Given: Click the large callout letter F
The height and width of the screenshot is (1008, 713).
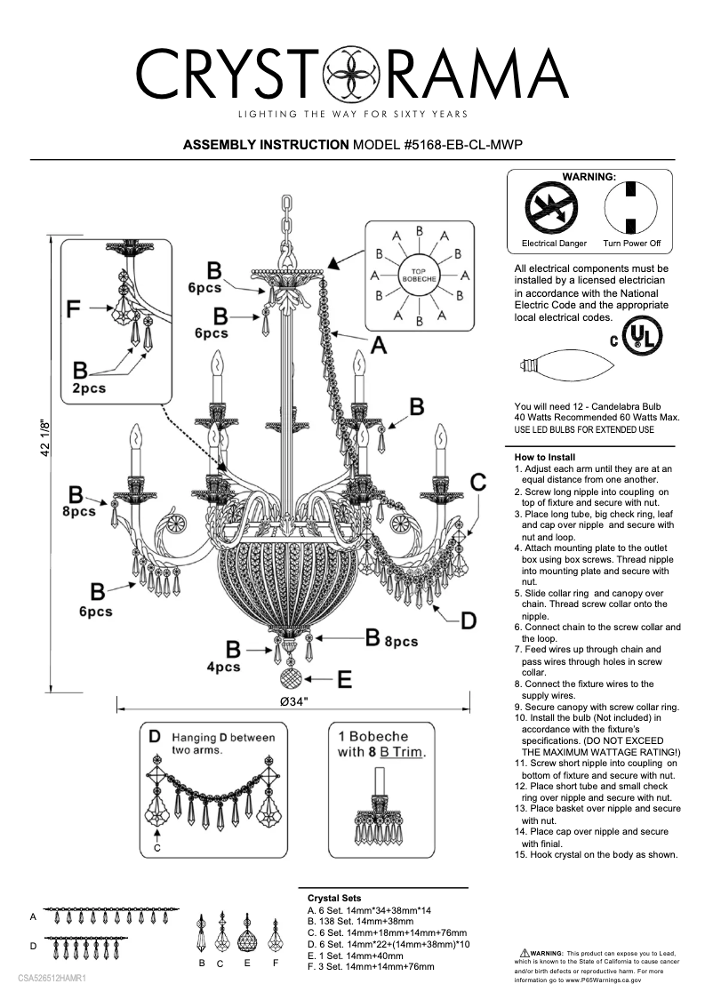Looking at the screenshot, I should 77,310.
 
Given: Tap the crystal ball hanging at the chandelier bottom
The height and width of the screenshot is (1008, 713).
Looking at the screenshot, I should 292,680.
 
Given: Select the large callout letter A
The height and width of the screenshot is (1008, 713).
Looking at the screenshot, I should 378,346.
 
